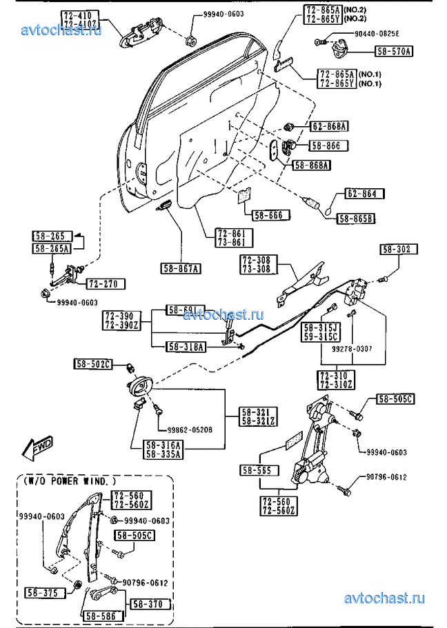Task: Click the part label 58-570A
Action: [393, 51]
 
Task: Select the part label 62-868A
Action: [328, 126]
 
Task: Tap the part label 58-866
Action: [328, 146]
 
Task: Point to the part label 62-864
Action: [361, 194]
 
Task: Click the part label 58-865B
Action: [355, 219]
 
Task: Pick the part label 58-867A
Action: [181, 268]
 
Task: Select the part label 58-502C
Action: [93, 363]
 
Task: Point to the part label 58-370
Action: [146, 604]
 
